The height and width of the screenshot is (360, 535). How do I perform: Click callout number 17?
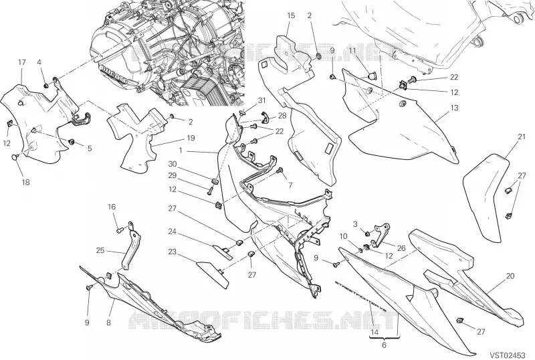(x=21, y=62)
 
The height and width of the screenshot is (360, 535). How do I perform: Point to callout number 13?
(x=453, y=108)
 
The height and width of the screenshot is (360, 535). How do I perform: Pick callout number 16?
(x=112, y=207)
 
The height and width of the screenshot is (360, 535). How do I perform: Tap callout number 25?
(x=100, y=251)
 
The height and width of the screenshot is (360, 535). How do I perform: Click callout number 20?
(x=510, y=276)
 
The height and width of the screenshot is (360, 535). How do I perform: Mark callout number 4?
(x=39, y=62)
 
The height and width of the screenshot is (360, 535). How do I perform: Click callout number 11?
(x=351, y=51)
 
